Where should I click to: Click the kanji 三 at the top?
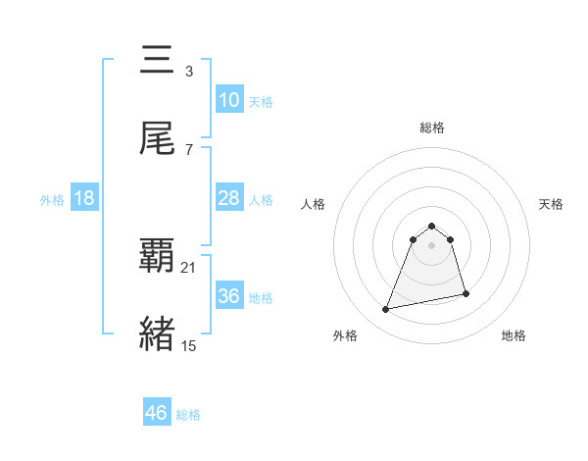(157, 61)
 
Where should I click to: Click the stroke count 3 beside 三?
(189, 72)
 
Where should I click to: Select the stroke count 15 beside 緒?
(189, 345)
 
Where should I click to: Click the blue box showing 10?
(228, 100)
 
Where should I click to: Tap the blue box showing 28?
(228, 198)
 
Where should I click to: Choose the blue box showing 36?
(228, 296)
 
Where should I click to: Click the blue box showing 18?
(84, 198)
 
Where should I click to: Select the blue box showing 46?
(157, 413)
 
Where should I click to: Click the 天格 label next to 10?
(261, 102)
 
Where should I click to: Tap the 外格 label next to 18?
(52, 200)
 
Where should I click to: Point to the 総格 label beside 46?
(188, 415)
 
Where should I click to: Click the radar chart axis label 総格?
(432, 128)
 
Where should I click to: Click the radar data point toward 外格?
(386, 310)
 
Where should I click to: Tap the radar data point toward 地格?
(465, 294)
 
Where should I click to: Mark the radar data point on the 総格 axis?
(432, 222)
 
